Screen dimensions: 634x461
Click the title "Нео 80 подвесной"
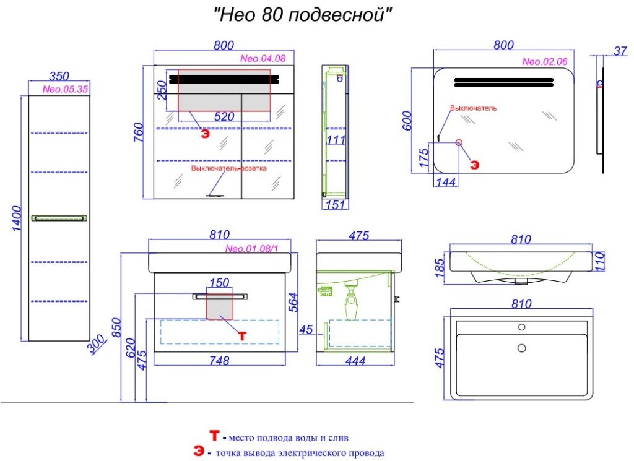pyautogui.click(x=303, y=15)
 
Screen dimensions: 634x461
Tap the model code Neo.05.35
pyautogui.click(x=65, y=89)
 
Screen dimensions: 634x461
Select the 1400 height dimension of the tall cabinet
pyautogui.click(x=17, y=218)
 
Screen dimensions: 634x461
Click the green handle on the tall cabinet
pyautogui.click(x=59, y=218)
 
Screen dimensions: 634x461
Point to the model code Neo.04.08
pyautogui.click(x=263, y=59)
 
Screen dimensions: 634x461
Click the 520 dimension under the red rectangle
pyautogui.click(x=224, y=117)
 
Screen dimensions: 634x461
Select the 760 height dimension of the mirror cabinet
pyautogui.click(x=138, y=132)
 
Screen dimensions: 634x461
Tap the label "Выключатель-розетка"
pyautogui.click(x=229, y=168)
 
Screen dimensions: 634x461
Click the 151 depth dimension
pyautogui.click(x=335, y=205)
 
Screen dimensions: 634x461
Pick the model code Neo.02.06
pyautogui.click(x=545, y=62)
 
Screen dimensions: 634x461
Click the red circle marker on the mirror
pyautogui.click(x=459, y=142)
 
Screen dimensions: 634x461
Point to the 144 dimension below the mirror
pyautogui.click(x=446, y=182)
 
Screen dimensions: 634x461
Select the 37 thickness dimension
pyautogui.click(x=620, y=51)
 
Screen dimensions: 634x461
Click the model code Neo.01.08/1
pyautogui.click(x=252, y=249)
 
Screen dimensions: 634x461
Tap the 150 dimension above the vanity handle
pyautogui.click(x=220, y=282)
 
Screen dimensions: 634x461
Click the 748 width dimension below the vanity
pyautogui.click(x=220, y=360)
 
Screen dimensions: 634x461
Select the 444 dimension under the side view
pyautogui.click(x=355, y=361)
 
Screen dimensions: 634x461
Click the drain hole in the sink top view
pyautogui.click(x=521, y=348)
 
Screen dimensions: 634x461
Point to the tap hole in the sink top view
pyautogui.click(x=521, y=327)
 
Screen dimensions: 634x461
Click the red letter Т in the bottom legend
pyautogui.click(x=214, y=436)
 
